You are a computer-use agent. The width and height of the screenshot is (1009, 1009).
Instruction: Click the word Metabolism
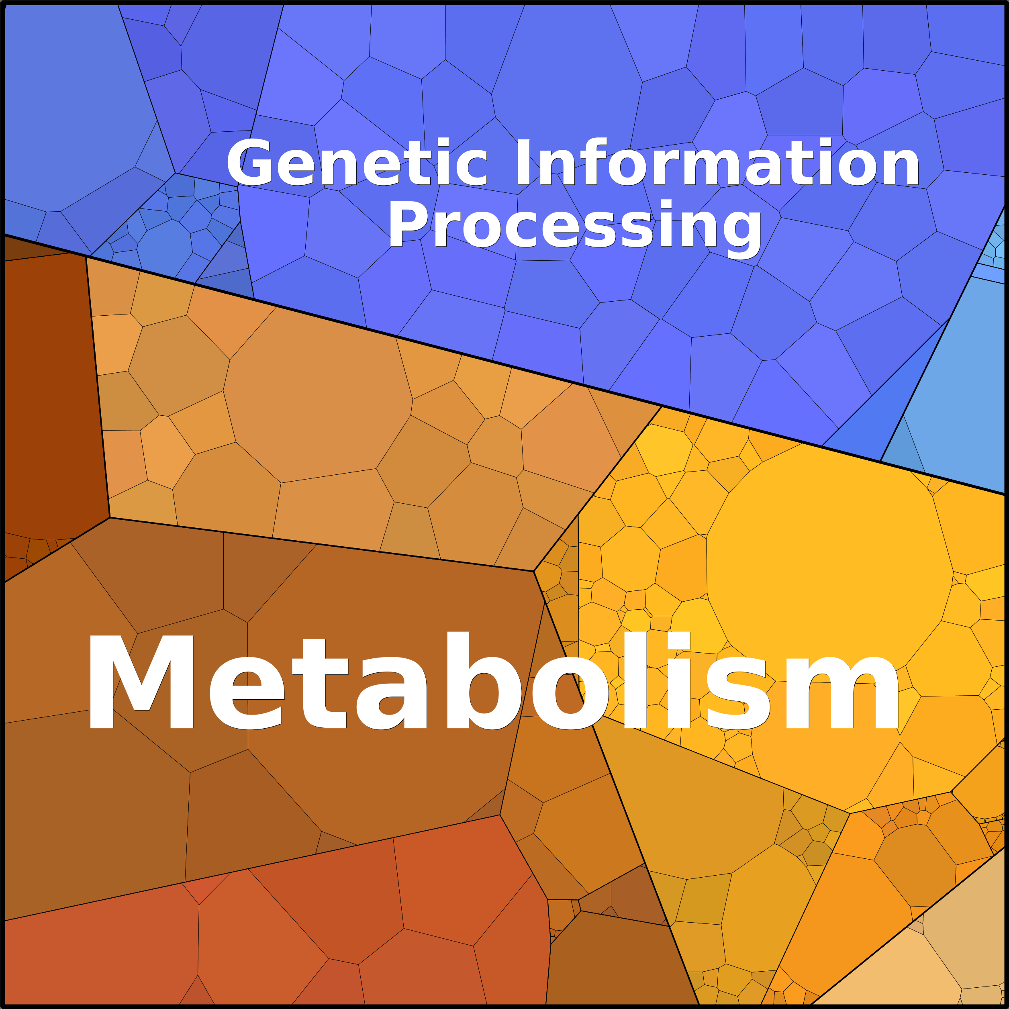coord(492,680)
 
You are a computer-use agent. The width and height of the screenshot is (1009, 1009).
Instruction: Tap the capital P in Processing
coord(409,223)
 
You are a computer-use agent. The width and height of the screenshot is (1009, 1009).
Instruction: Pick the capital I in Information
coord(522,162)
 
